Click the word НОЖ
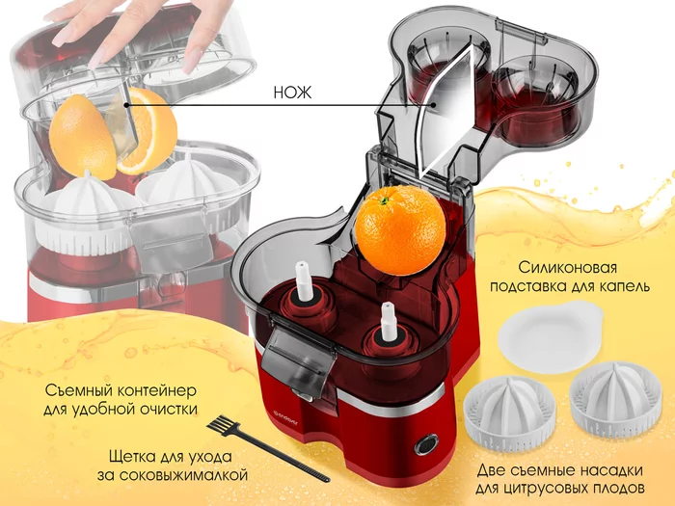292,93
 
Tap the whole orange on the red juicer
400,229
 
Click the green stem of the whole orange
386,200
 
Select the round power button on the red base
426,444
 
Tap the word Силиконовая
567,268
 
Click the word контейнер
156,390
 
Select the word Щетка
133,457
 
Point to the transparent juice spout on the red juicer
297,362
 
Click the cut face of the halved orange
147,131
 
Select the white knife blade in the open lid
446,113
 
